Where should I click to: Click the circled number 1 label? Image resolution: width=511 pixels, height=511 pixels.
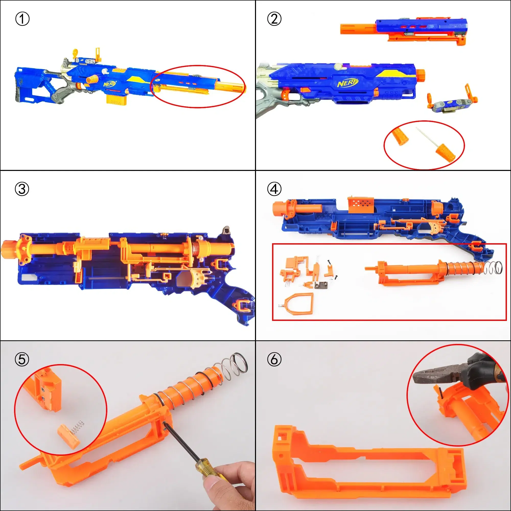(22, 19)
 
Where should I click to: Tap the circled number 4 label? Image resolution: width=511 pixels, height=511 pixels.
(274, 189)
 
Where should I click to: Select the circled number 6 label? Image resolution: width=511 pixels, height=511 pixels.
(274, 359)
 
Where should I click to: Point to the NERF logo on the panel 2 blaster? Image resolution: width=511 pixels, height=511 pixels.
(347, 83)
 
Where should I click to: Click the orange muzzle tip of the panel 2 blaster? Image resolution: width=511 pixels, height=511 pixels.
(420, 75)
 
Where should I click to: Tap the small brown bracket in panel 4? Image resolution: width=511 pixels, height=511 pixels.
(321, 285)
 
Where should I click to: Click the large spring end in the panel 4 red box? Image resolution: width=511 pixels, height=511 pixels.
(495, 268)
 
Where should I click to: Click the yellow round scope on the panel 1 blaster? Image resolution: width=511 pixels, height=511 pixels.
(75, 52)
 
